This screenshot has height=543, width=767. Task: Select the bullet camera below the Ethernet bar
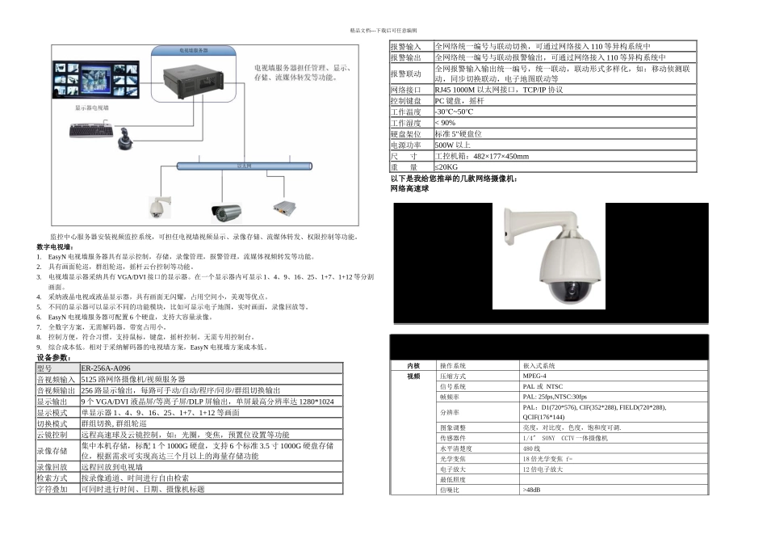click(226, 212)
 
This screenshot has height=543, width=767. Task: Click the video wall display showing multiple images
click(92, 84)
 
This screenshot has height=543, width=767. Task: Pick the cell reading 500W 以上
click(453, 145)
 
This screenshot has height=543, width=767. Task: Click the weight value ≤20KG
click(446, 166)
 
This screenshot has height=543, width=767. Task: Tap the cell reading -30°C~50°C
click(455, 112)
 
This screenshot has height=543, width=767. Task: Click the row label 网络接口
click(405, 90)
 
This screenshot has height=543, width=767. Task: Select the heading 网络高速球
click(409, 188)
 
